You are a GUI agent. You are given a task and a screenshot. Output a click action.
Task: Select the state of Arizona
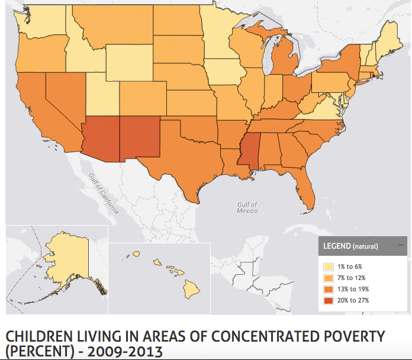click(x=102, y=140)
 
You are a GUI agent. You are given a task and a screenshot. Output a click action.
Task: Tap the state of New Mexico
click(x=140, y=136)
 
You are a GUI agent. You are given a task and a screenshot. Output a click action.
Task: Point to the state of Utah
click(x=102, y=97)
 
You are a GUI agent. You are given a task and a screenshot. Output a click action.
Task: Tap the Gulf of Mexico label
click(x=247, y=207)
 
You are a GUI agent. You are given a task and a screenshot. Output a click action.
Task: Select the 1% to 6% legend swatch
click(x=328, y=266)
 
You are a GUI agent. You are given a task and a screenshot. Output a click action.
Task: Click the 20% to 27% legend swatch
click(x=328, y=300)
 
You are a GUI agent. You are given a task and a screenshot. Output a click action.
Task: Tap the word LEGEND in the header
click(x=336, y=245)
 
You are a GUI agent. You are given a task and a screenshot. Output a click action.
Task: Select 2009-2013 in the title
click(x=125, y=351)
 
